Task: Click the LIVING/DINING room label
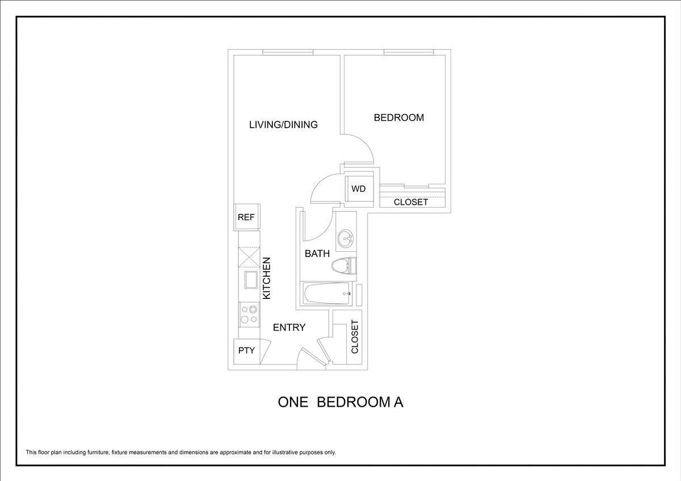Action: [x=283, y=124]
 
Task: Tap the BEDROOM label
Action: [x=398, y=117]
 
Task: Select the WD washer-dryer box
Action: [x=358, y=189]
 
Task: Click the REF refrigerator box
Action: [x=246, y=217]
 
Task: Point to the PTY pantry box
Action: [x=246, y=351]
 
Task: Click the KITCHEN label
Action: [x=267, y=278]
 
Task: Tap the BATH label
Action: [x=317, y=254]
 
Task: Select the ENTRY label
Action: [x=289, y=327]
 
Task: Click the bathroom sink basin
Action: [x=345, y=239]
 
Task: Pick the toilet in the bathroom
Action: [x=343, y=266]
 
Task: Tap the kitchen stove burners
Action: [x=249, y=314]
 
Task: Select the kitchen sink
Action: [x=250, y=280]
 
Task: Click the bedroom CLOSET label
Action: [x=411, y=202]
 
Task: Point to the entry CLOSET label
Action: [x=355, y=336]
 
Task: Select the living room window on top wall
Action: [x=288, y=53]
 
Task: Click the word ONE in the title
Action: [x=293, y=402]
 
